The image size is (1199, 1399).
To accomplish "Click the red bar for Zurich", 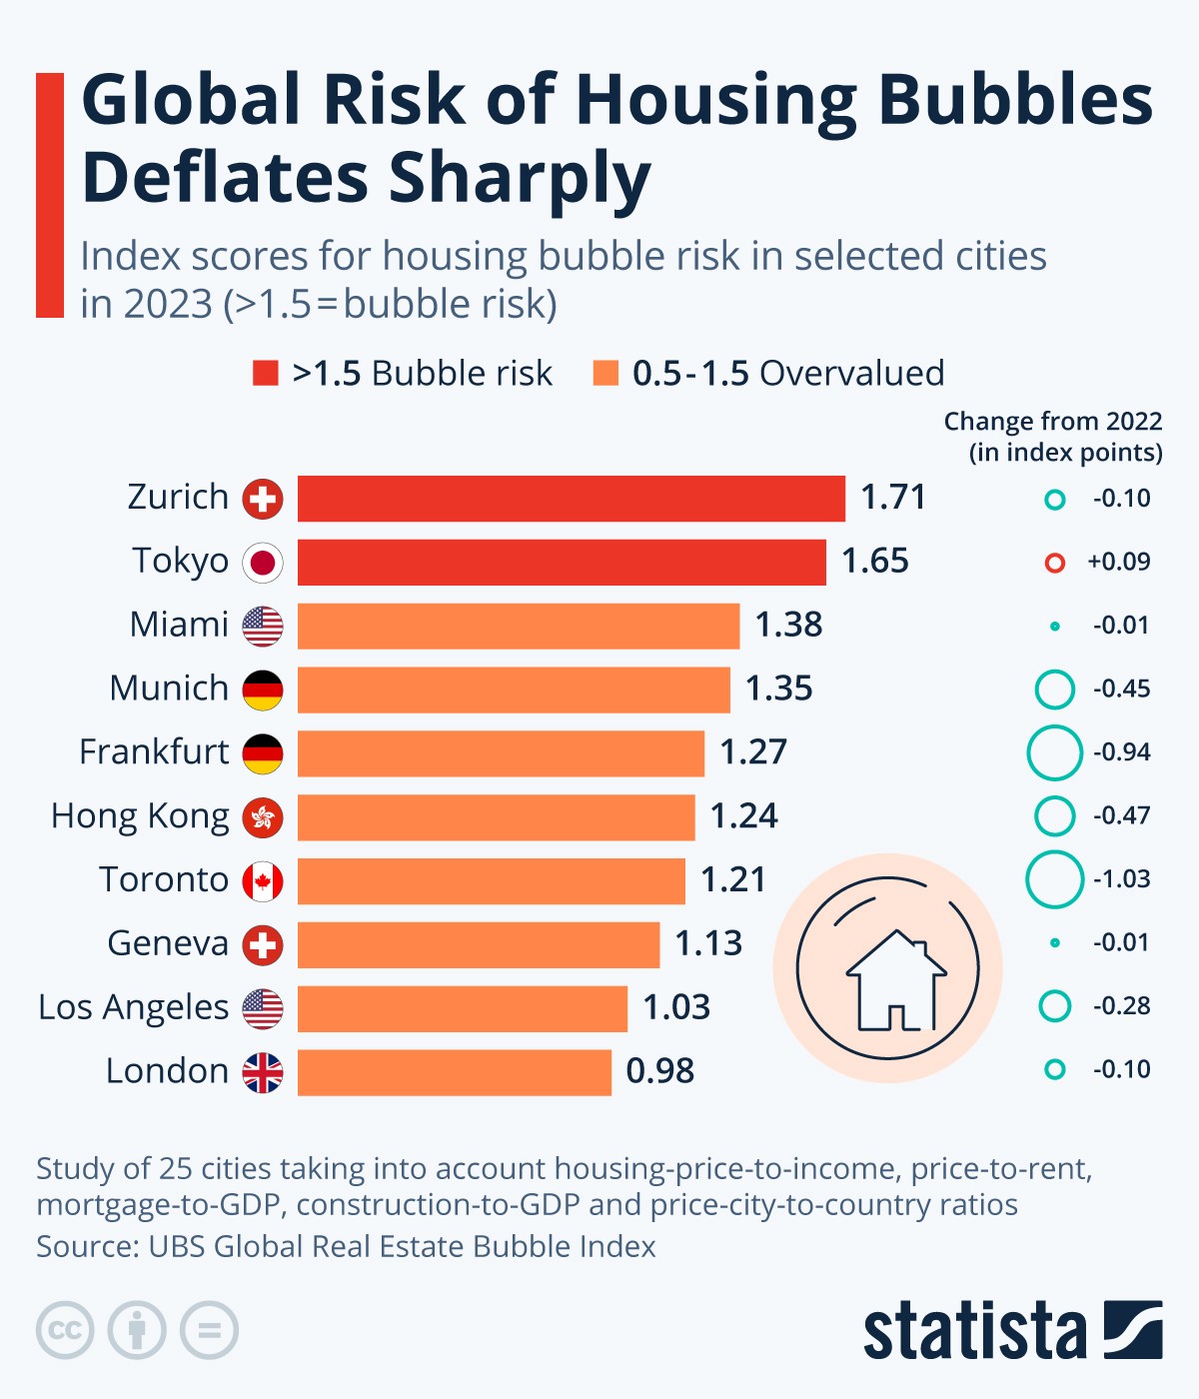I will (x=571, y=499).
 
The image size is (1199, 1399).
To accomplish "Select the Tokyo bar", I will (x=562, y=562).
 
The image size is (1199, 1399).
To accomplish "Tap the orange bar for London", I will (x=454, y=1072).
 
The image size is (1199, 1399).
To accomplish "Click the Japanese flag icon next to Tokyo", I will (x=263, y=563).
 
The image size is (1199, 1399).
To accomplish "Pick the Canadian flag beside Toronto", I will (x=263, y=881).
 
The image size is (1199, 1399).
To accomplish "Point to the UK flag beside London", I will (x=263, y=1072).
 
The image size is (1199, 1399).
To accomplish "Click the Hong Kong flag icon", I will (x=263, y=817).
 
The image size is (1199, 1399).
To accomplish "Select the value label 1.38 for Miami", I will (x=788, y=625).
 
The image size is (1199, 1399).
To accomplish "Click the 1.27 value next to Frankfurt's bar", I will (x=753, y=752).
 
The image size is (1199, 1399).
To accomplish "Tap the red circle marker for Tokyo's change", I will (x=1054, y=563).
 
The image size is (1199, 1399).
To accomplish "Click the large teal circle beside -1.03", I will (x=1054, y=879).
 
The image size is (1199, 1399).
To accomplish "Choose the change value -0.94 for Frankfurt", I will (x=1121, y=752).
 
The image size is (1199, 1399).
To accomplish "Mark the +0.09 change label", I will (x=1119, y=562).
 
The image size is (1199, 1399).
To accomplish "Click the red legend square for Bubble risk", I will (x=266, y=374).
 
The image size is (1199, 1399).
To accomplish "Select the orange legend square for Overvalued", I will (x=605, y=374).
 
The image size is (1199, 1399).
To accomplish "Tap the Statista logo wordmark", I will (x=974, y=1331).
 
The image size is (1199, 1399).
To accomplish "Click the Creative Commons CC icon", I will (x=65, y=1331).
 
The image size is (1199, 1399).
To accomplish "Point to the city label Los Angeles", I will (x=134, y=1007).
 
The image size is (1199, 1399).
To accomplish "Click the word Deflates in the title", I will (x=226, y=178).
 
